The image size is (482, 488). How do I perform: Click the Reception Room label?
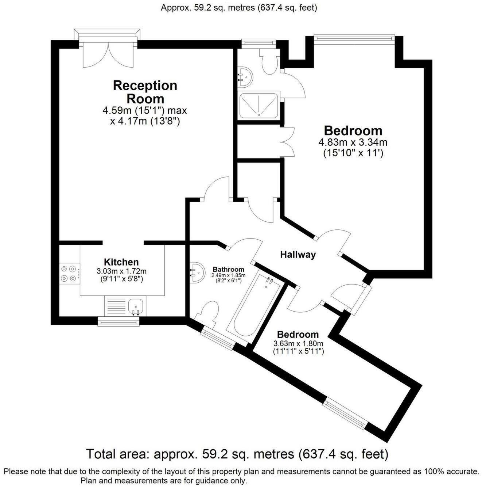click(x=145, y=92)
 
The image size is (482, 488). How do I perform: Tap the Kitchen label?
click(x=121, y=262)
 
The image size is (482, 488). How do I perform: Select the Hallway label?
click(x=298, y=255)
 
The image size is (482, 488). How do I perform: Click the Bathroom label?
click(x=228, y=270)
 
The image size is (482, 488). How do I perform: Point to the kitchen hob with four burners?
click(x=69, y=274)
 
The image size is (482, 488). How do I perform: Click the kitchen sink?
click(x=136, y=306)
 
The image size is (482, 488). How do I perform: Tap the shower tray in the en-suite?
click(x=259, y=105)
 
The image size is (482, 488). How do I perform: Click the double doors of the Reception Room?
click(x=107, y=55)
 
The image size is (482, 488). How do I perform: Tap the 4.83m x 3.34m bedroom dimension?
click(x=353, y=148)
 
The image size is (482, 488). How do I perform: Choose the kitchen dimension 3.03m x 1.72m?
click(x=121, y=275)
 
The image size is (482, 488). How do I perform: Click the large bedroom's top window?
click(x=354, y=37)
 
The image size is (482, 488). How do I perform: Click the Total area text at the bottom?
click(x=237, y=454)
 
